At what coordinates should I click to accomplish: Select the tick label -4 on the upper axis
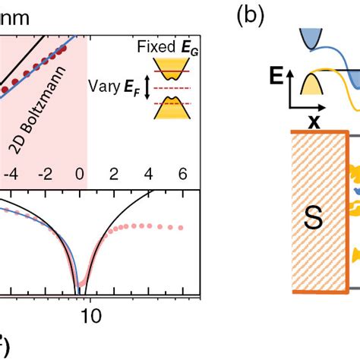(9, 174)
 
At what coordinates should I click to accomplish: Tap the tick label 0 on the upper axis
(80, 174)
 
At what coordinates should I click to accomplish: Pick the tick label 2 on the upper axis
(114, 174)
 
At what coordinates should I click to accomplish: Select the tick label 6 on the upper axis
(182, 174)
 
